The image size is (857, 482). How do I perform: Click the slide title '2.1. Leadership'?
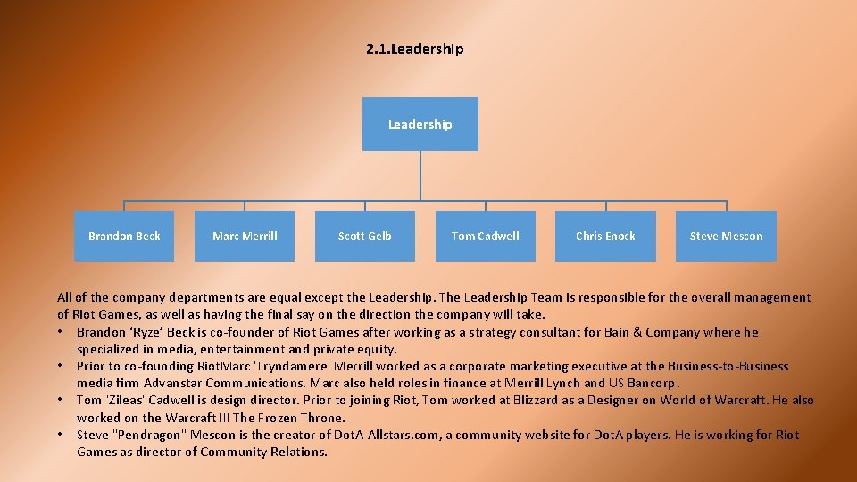[414, 49]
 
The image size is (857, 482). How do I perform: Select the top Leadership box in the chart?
[420, 124]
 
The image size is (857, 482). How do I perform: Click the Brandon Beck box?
[124, 237]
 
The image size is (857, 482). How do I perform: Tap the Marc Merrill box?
[245, 237]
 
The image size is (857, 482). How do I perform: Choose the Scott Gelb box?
[364, 237]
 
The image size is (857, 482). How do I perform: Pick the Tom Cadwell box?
[485, 237]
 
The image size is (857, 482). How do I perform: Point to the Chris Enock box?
[605, 237]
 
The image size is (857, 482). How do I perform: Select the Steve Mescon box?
[726, 237]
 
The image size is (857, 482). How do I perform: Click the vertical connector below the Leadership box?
[420, 174]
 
